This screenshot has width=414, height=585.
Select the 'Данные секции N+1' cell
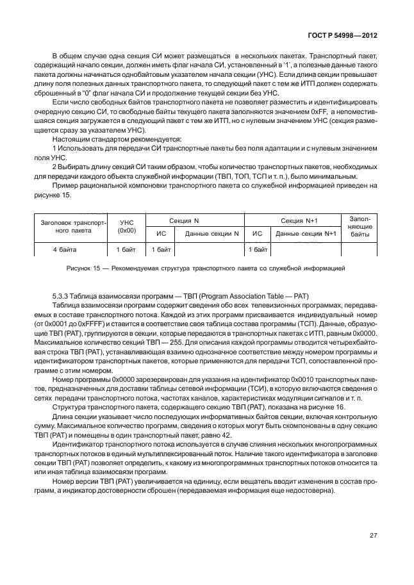[306, 234]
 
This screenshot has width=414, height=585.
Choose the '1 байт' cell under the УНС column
[127, 249]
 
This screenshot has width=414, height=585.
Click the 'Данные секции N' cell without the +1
[211, 234]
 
